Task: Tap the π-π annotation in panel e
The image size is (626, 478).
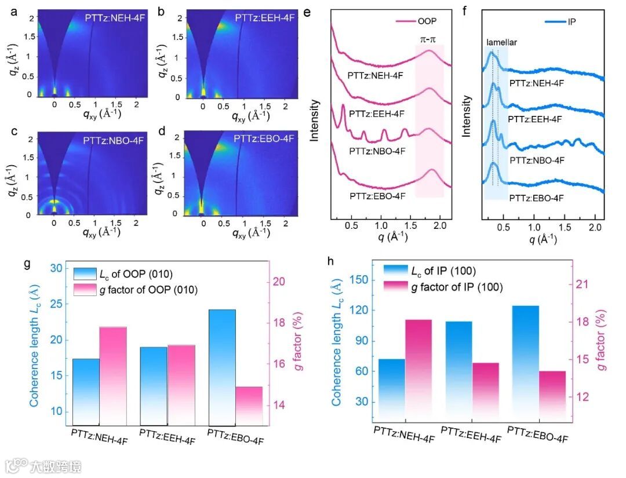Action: coord(430,39)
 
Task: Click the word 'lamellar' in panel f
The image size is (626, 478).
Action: coord(501,42)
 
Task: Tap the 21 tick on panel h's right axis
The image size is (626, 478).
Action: coord(583,284)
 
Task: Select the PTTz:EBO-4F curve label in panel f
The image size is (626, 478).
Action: coord(536,198)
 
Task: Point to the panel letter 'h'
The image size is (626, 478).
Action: coord(330,261)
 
